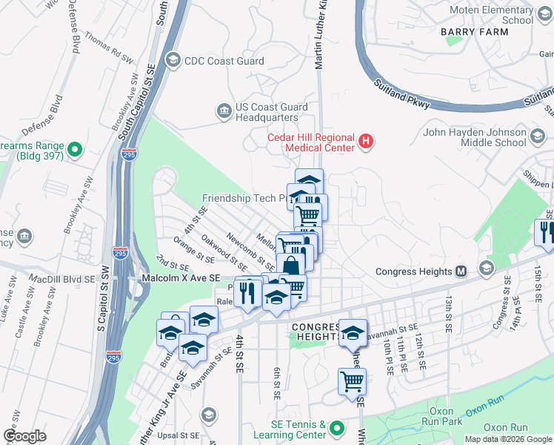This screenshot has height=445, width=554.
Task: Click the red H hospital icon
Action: pyautogui.click(x=364, y=139)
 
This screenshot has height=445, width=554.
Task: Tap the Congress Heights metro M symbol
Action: pyautogui.click(x=461, y=271)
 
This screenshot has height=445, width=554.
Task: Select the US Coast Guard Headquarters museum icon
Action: pyautogui.click(x=223, y=111)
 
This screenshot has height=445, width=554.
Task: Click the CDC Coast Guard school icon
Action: pyautogui.click(x=173, y=60)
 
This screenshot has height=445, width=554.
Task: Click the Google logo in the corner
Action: pyautogui.click(x=24, y=436)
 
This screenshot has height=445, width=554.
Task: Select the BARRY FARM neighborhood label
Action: pyautogui.click(x=472, y=32)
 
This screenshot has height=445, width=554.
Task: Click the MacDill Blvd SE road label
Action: pyautogui.click(x=62, y=279)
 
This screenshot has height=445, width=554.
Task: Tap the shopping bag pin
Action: pyautogui.click(x=291, y=268)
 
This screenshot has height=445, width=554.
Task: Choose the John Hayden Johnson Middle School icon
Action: pyautogui.click(x=538, y=137)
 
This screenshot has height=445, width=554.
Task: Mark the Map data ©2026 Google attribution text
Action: pyautogui.click(x=508, y=439)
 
